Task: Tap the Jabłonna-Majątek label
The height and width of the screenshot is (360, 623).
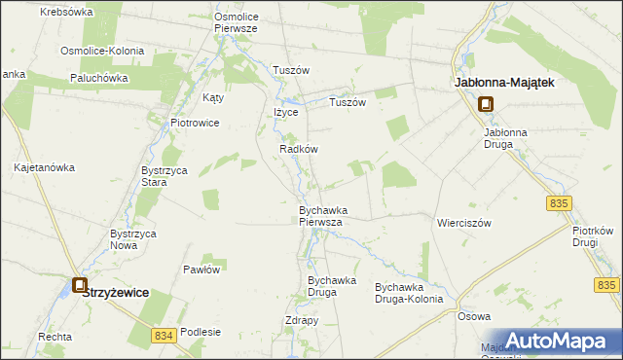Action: (x=505, y=84)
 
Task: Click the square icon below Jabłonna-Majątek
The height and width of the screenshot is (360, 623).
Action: (x=486, y=106)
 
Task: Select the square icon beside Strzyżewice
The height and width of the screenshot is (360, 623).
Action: (x=79, y=286)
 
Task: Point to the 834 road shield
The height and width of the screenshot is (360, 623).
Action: (x=165, y=335)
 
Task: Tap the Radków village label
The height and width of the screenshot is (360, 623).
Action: (x=299, y=149)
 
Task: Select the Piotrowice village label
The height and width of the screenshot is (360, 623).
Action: (x=195, y=123)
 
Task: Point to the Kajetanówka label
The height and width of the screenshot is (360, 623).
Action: (x=44, y=167)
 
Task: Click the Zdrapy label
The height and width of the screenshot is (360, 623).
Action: (x=302, y=320)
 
